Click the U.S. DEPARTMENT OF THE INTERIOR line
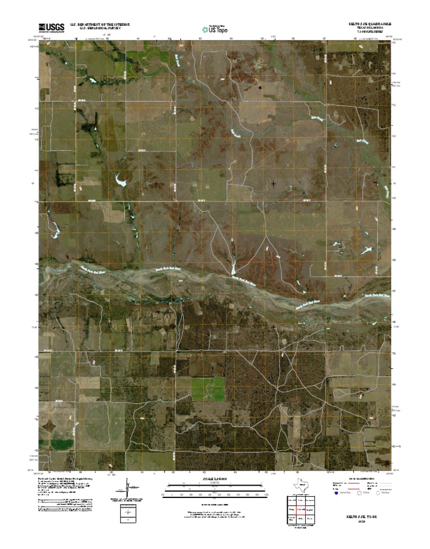point(100,24)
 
